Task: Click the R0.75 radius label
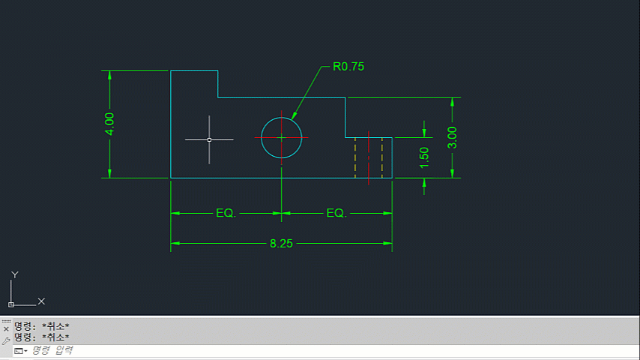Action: click(348, 66)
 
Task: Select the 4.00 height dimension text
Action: click(109, 124)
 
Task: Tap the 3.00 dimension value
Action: click(452, 138)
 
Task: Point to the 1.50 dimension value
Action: click(424, 157)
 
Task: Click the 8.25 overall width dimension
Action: click(281, 244)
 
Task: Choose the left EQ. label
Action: click(226, 213)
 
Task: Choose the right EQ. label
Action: click(336, 213)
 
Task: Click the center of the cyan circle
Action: click(281, 138)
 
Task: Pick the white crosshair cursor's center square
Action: click(209, 139)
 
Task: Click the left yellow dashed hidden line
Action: click(355, 157)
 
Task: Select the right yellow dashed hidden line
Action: click(382, 157)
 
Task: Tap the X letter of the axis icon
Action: click(41, 301)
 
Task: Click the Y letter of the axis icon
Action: click(15, 274)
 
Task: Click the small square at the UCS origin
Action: click(11, 304)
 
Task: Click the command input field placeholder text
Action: click(52, 350)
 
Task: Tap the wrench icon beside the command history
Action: click(6, 340)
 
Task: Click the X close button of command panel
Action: click(6, 329)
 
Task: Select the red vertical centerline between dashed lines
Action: click(369, 158)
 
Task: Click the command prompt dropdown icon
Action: click(20, 351)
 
